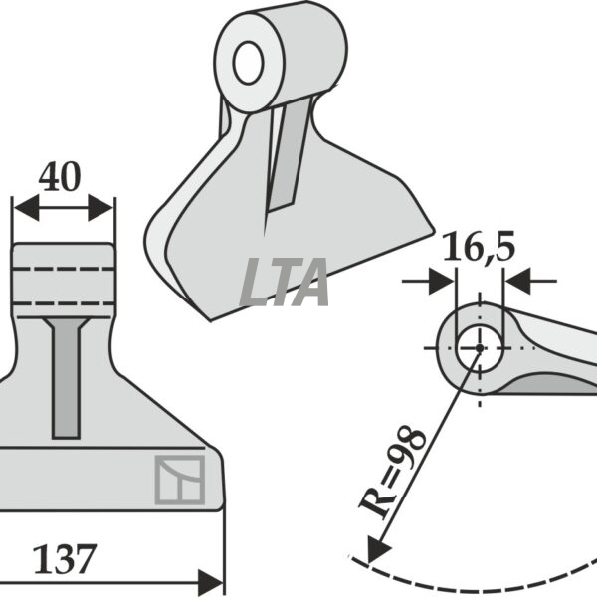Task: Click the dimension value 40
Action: click(x=60, y=177)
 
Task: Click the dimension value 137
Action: click(x=65, y=559)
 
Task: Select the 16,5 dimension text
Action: click(x=480, y=247)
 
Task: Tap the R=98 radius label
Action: click(x=392, y=472)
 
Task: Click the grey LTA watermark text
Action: click(x=284, y=283)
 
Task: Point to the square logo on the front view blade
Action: click(x=180, y=480)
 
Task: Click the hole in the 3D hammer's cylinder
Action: click(x=248, y=63)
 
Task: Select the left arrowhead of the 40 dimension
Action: click(x=26, y=208)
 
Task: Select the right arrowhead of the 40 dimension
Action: click(x=100, y=208)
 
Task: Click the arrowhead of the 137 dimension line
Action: click(x=211, y=583)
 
